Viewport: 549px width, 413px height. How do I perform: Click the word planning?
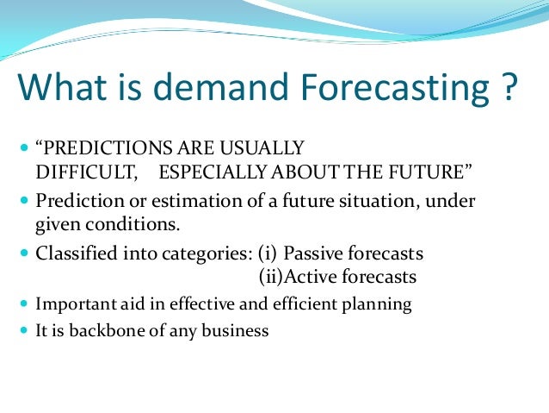379,304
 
